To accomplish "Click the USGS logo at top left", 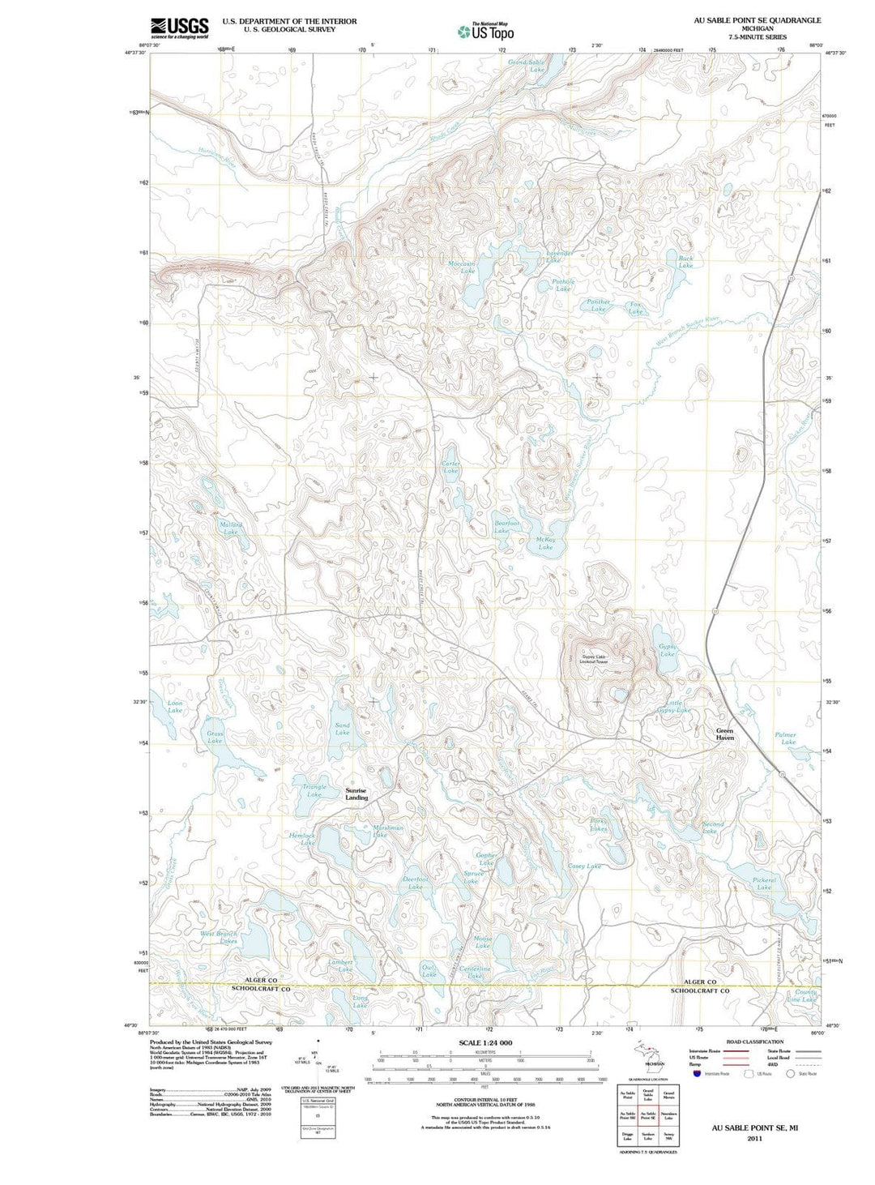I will [x=179, y=28].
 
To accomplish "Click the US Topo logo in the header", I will [x=485, y=31].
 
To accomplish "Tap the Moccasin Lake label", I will [x=462, y=267].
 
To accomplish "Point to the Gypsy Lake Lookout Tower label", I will [x=593, y=659].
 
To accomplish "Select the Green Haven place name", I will [x=724, y=734].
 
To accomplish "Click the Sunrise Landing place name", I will [x=356, y=794].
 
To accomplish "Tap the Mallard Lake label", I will [x=230, y=528].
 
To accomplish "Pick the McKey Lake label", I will [x=545, y=543].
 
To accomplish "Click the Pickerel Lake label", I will [x=764, y=883].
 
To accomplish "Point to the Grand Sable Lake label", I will [x=527, y=66].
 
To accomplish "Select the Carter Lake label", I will [x=450, y=468].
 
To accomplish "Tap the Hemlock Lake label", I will [x=302, y=839].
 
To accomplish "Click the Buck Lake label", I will [x=685, y=262].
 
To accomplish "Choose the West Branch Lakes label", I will [x=219, y=937].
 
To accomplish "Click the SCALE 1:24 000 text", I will [x=485, y=1042].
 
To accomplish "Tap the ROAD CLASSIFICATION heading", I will [x=754, y=1042].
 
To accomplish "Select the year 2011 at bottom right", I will [x=754, y=1138].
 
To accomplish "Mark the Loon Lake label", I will [x=175, y=707].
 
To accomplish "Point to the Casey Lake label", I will [x=584, y=866].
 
